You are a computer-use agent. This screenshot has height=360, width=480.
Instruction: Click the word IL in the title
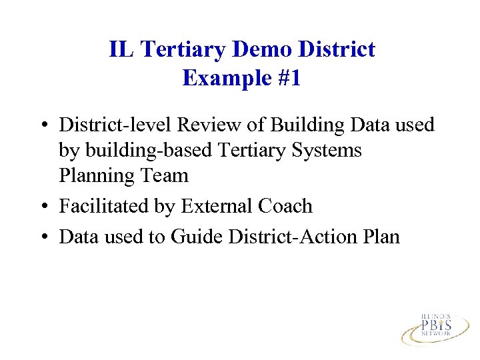click(x=121, y=49)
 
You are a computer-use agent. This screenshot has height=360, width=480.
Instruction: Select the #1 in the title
click(x=287, y=79)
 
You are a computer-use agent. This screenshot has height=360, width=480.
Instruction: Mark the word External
click(x=209, y=207)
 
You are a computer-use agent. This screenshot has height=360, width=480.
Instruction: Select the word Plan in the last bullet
click(x=380, y=237)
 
